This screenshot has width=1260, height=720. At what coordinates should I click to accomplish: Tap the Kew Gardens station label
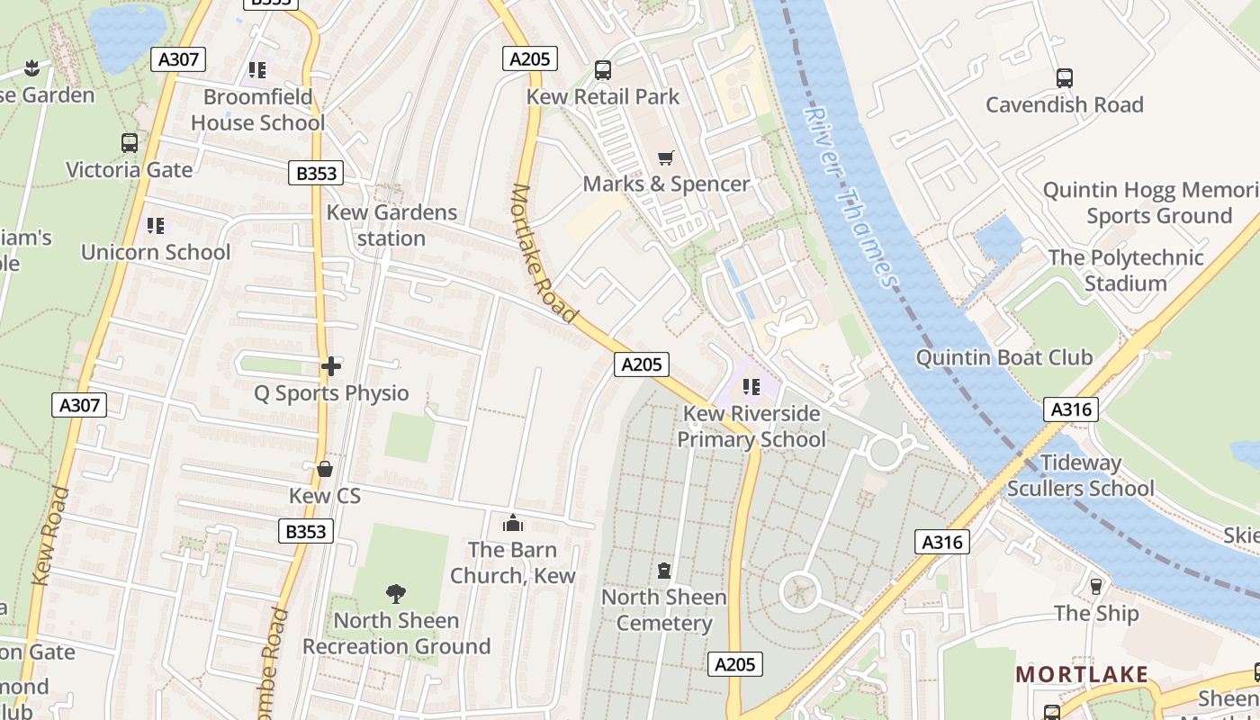391,225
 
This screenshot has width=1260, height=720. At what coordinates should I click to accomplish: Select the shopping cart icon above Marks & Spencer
665,158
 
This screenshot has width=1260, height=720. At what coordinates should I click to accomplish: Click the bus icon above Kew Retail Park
603,70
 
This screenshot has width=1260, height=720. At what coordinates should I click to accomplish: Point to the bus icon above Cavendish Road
1065,78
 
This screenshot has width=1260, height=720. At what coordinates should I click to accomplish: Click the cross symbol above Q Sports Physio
331,366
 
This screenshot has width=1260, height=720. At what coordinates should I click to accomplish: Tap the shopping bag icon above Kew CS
325,469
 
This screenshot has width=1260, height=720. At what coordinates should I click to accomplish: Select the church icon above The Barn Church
513,523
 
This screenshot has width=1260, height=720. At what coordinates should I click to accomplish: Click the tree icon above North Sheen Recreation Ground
395,593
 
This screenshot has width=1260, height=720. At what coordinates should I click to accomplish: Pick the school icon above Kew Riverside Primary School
751,387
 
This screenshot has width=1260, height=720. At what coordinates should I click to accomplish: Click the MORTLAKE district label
1082,674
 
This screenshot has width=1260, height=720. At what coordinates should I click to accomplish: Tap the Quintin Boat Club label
1003,357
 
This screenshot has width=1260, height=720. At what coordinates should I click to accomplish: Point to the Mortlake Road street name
544,253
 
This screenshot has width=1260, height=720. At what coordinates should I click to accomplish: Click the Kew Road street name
51,536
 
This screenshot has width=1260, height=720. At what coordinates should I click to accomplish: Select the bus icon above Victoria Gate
130,143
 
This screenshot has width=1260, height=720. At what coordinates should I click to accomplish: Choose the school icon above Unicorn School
156,225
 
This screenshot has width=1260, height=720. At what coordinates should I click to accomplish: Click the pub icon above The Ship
1096,587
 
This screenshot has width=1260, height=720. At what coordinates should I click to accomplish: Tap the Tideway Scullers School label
1080,475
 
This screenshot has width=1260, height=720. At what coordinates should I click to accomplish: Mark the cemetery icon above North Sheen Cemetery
664,571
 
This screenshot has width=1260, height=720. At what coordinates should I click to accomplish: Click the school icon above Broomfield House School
257,69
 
